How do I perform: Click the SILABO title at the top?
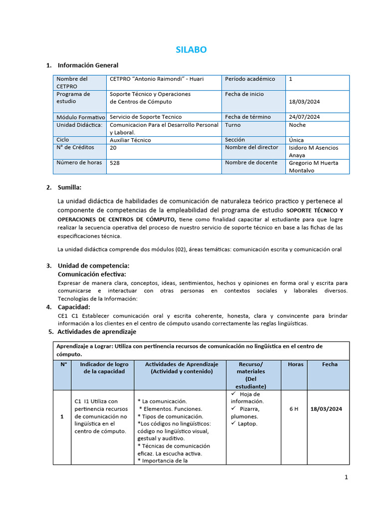click(x=191, y=49)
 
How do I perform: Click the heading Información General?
click(x=88, y=65)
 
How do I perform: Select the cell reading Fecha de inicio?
click(x=244, y=94)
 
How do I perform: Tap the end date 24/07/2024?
click(x=304, y=117)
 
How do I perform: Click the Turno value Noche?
click(x=297, y=125)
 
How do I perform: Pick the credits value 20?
click(x=113, y=148)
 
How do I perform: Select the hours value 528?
click(x=115, y=163)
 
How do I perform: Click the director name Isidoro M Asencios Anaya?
click(x=313, y=151)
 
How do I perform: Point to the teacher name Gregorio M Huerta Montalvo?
click(x=313, y=166)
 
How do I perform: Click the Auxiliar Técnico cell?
click(x=130, y=140)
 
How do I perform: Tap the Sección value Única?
click(x=296, y=140)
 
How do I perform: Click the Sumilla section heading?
click(x=69, y=188)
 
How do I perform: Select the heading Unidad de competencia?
click(x=93, y=266)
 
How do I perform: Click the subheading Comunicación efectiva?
click(x=92, y=274)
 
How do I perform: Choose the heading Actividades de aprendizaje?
click(x=96, y=331)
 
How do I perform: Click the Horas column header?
click(x=295, y=364)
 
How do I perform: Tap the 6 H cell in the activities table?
click(x=294, y=409)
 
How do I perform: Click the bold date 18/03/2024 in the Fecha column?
click(x=327, y=409)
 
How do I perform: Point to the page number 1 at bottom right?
click(x=347, y=478)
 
